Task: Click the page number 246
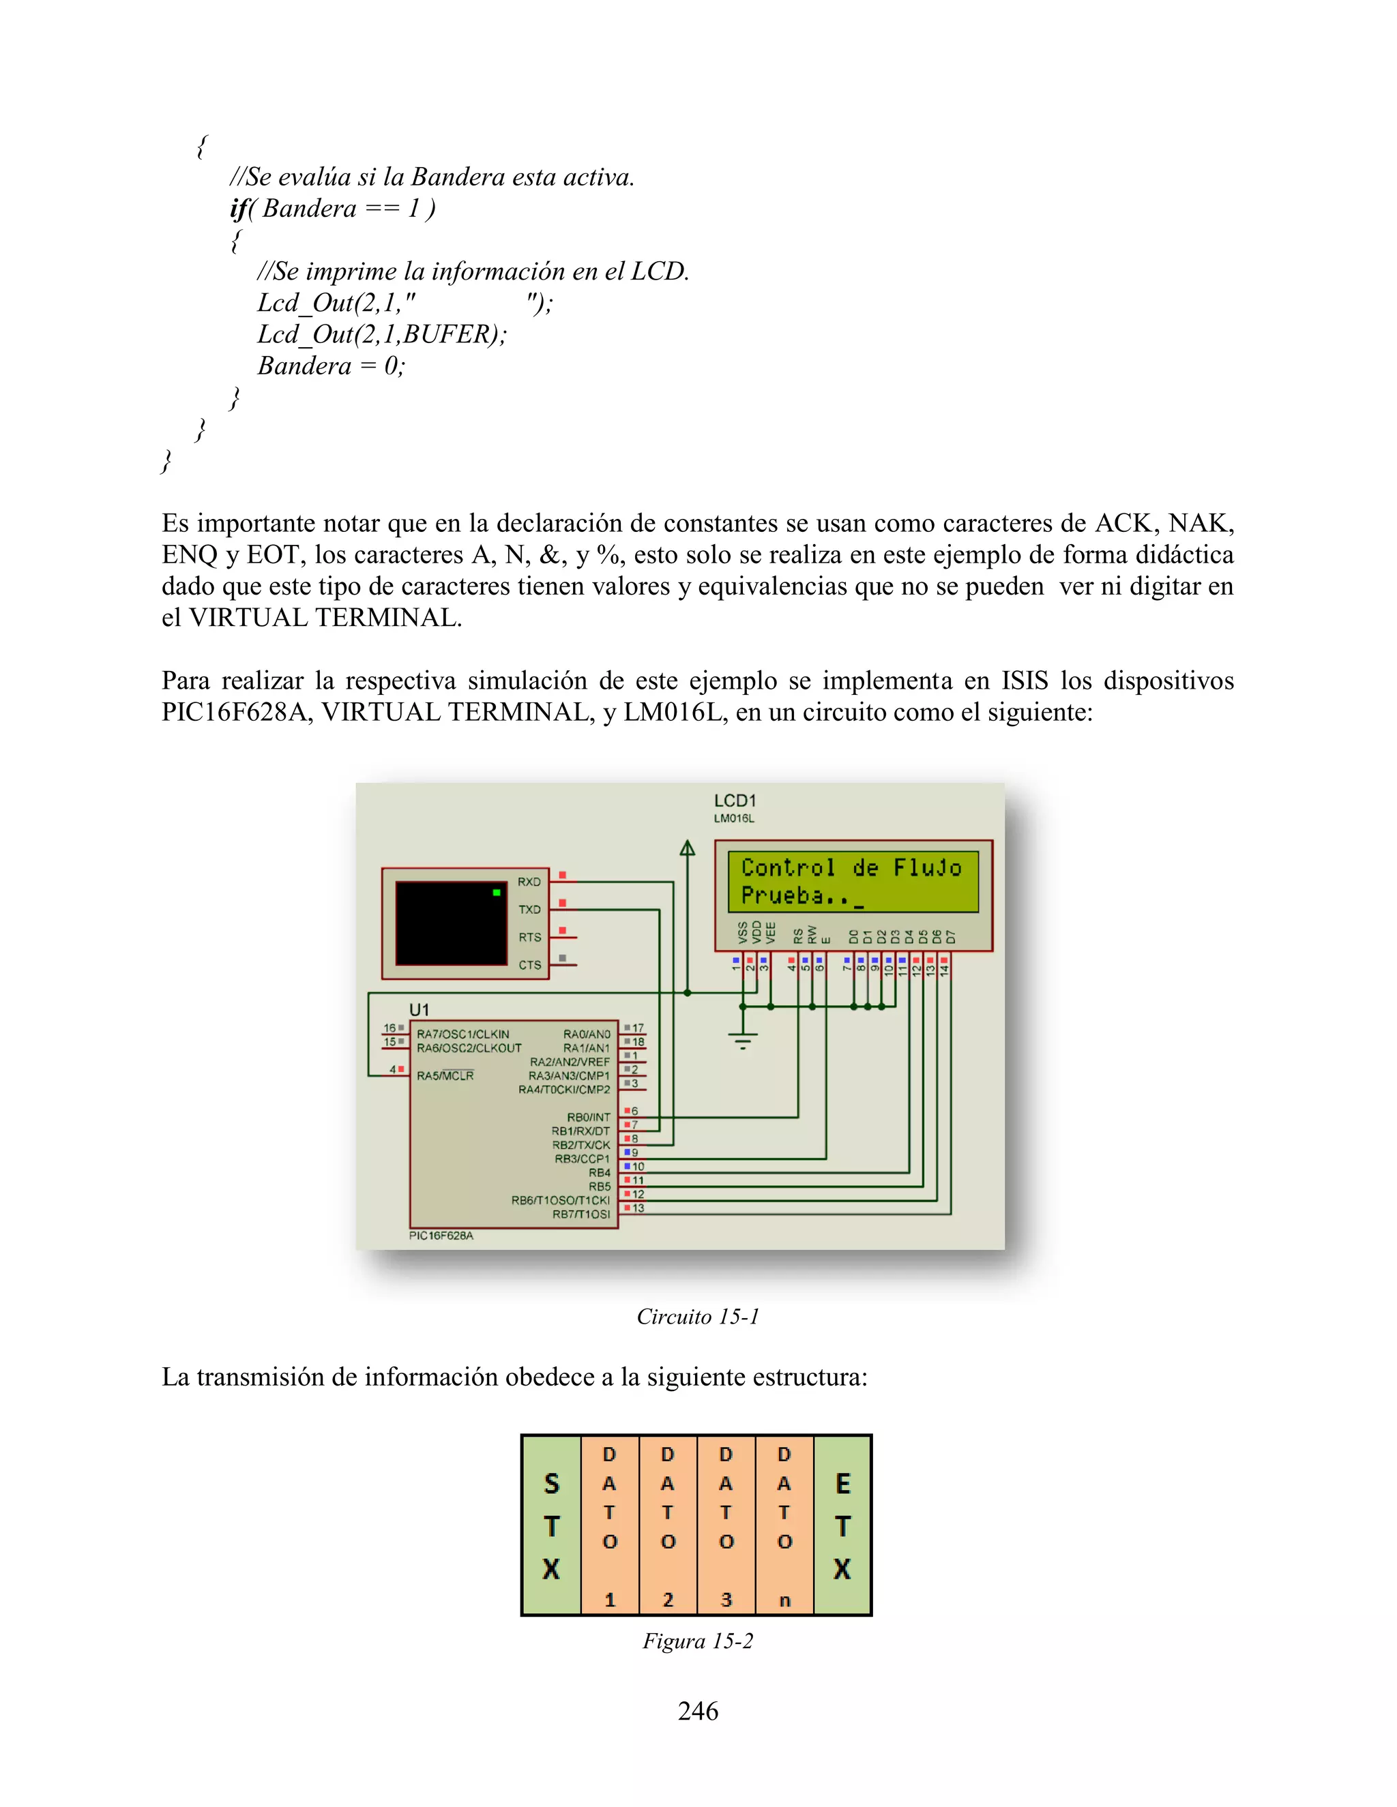[698, 1710]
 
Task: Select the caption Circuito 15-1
[698, 1316]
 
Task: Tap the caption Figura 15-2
[698, 1641]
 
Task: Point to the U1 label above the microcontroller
[420, 1009]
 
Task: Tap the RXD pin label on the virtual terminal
[529, 882]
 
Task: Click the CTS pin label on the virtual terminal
[529, 965]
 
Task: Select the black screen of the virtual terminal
[451, 923]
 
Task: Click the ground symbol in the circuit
[744, 1039]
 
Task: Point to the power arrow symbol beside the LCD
[687, 848]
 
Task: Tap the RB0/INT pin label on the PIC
[589, 1117]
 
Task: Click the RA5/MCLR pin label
[445, 1075]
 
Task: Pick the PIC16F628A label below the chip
[441, 1236]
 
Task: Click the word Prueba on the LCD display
[782, 895]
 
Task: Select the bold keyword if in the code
[238, 209]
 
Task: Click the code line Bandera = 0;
[331, 365]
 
